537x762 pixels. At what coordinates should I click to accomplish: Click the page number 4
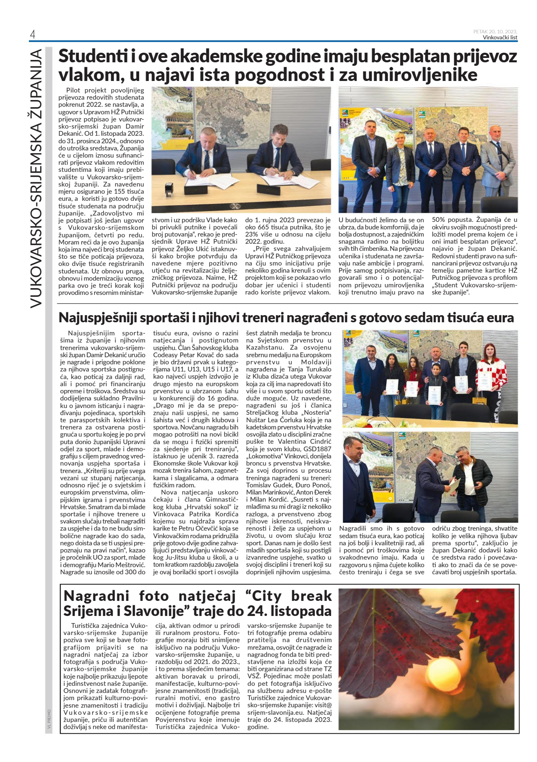coord(33,35)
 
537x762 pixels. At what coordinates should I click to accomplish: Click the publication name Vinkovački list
coord(500,38)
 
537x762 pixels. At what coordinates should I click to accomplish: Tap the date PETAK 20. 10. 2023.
coord(495,32)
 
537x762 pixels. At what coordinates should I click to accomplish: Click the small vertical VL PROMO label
coord(49,720)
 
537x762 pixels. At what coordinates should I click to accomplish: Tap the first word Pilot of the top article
coord(73,90)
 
